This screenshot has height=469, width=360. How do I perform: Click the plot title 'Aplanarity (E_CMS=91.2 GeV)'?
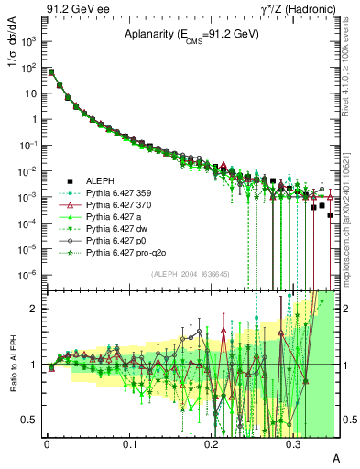[192, 35]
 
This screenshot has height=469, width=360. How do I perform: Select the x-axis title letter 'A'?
[335, 457]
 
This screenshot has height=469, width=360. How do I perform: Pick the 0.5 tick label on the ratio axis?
[30, 420]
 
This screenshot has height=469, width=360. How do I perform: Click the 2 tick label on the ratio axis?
[35, 309]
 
